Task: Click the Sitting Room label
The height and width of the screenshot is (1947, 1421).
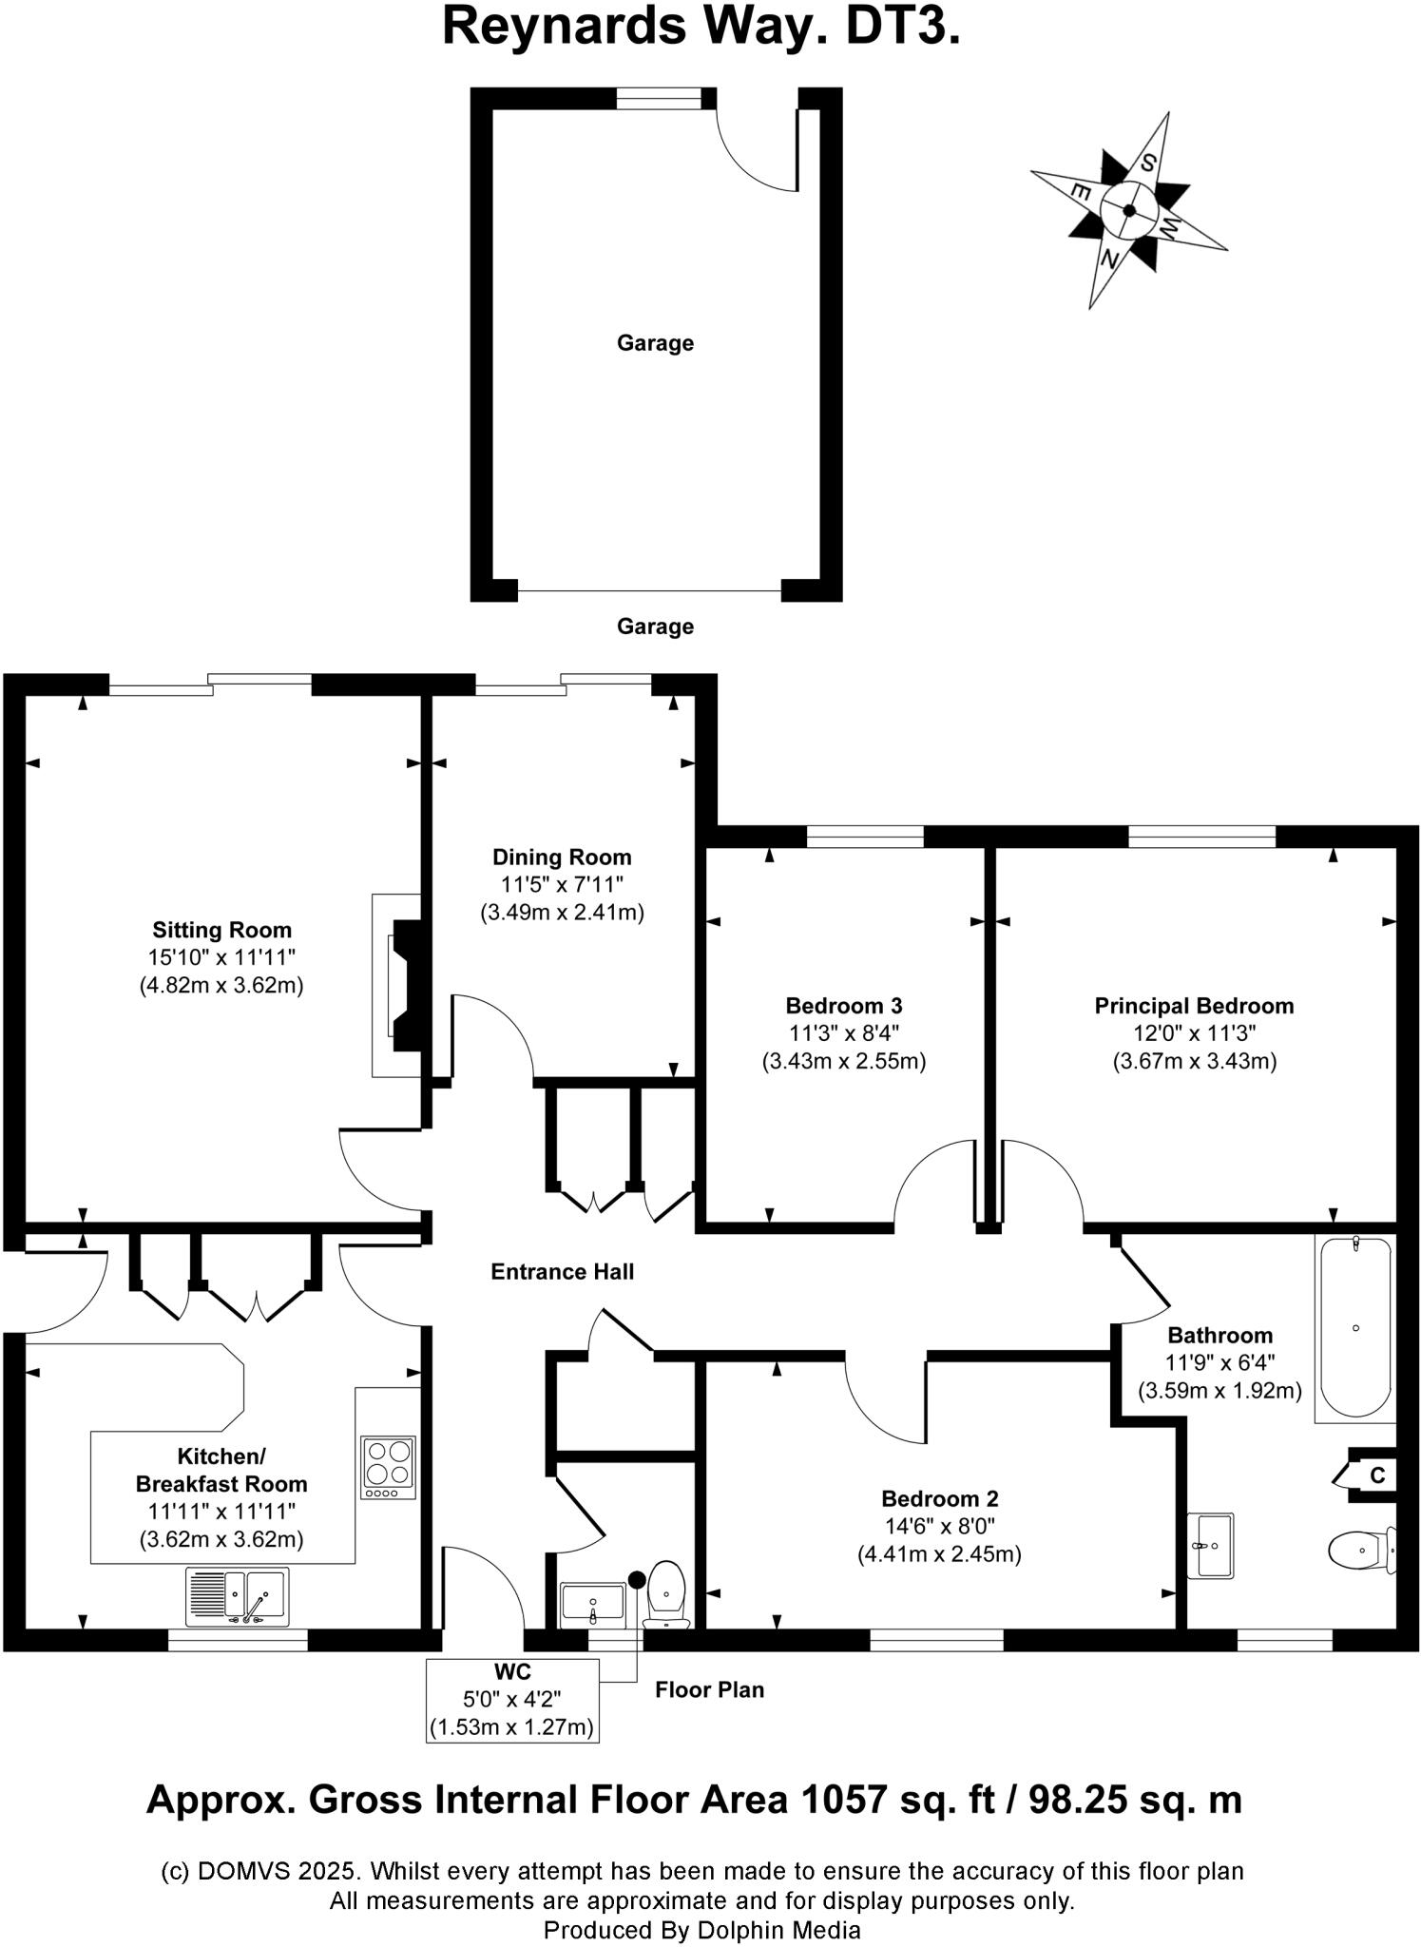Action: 221,930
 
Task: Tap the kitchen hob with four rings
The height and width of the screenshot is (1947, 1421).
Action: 388,1467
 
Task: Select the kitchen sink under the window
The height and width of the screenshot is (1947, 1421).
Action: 238,1597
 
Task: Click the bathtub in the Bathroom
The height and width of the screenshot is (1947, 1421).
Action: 1355,1327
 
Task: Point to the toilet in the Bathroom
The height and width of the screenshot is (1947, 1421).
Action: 1359,1551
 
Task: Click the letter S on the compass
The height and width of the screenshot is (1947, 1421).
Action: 1148,162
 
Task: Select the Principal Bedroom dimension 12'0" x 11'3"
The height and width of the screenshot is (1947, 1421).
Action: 1194,1033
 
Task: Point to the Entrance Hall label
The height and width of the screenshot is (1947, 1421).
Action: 562,1272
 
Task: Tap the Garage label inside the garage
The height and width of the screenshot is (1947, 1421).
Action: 655,343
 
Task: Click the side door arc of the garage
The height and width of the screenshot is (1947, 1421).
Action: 756,152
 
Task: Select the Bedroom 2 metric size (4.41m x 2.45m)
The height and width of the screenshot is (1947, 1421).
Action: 939,1554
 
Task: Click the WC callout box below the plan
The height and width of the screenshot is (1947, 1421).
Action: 512,1700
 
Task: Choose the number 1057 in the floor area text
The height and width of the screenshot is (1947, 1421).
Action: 842,1800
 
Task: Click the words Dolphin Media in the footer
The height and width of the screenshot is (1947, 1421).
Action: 778,1930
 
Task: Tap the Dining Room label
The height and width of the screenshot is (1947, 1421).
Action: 562,857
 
